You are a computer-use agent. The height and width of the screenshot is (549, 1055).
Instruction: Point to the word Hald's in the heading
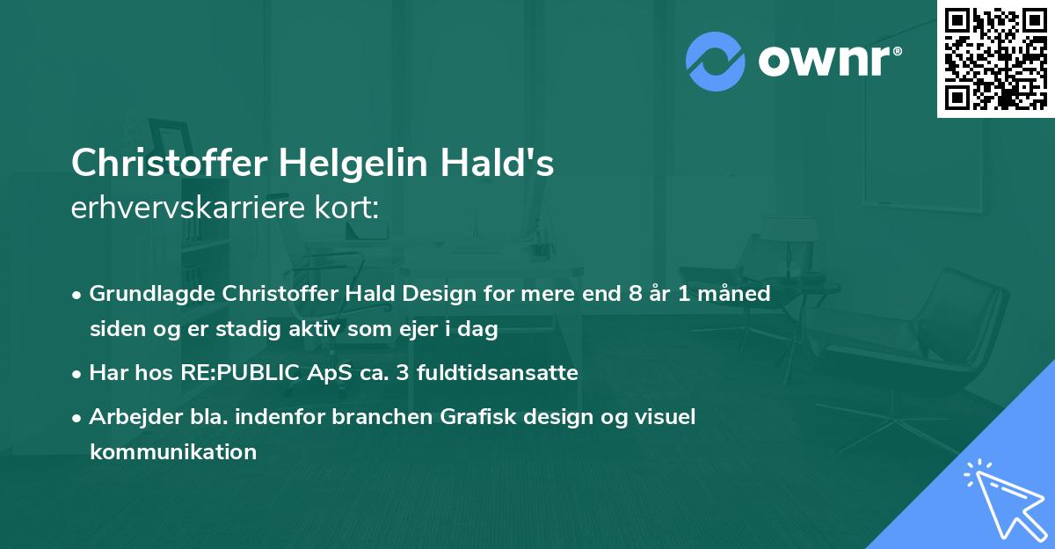tap(504, 163)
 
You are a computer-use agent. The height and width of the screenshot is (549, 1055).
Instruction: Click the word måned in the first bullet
tap(740, 293)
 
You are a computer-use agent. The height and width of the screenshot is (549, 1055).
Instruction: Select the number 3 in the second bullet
tap(404, 372)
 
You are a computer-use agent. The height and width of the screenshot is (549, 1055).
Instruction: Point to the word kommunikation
tap(173, 452)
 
